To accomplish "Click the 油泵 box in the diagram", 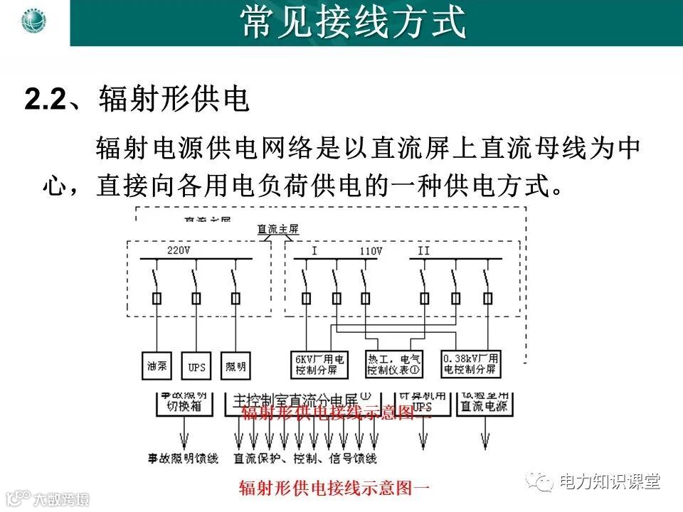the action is tap(157, 366).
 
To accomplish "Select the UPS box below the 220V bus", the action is tap(196, 366).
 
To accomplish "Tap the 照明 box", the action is tap(235, 366).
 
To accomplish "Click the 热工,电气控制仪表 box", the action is tap(393, 365).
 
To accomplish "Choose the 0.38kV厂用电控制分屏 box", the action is tap(471, 365).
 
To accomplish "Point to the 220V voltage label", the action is tap(179, 250).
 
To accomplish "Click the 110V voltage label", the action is tap(370, 250).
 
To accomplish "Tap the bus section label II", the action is tap(423, 250).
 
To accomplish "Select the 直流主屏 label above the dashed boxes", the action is tap(278, 229).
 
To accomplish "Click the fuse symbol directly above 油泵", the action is tap(156, 298).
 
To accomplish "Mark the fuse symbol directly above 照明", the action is tap(235, 298).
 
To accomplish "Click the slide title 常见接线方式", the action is tap(354, 23).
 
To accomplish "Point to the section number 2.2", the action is tap(44, 100).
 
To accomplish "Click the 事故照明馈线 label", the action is tap(183, 459).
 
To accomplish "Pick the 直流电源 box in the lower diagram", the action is tap(485, 406).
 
